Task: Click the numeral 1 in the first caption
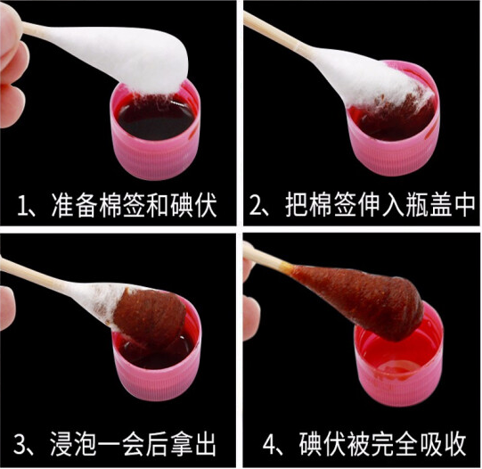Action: [x=23, y=205]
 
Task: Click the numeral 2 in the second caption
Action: [x=256, y=204]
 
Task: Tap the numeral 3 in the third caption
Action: [x=20, y=444]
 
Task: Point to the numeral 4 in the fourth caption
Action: [x=270, y=445]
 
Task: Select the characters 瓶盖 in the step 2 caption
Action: [x=429, y=204]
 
